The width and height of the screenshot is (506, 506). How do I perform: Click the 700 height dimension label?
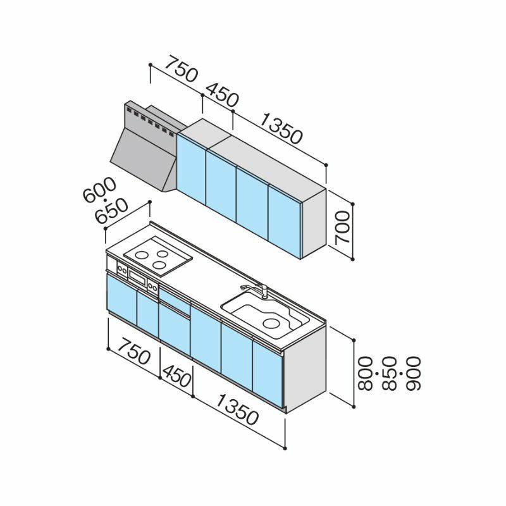342,228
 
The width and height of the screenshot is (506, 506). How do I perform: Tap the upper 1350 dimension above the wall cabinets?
281,128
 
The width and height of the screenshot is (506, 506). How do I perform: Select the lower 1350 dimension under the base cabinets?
237,410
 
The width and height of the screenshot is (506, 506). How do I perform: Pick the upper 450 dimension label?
222,96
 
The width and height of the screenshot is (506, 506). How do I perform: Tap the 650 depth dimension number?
112,211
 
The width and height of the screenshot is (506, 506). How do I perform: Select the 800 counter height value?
366,373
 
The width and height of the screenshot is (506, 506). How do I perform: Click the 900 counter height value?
413,373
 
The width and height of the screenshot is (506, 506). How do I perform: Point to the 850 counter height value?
389,373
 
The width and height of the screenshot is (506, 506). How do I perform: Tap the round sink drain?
271,323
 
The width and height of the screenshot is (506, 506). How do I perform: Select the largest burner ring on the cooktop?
142,256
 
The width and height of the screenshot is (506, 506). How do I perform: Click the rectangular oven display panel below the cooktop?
138,276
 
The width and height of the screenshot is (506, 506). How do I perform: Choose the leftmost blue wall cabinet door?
192,169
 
